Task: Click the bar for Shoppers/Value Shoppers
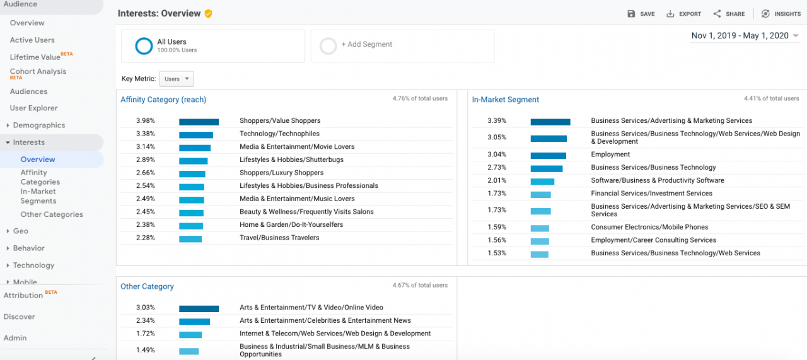click(199, 121)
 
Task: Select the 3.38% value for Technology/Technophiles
click(146, 134)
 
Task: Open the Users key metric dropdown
click(176, 79)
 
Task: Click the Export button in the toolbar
click(683, 14)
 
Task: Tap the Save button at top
click(641, 14)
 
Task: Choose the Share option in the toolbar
click(729, 14)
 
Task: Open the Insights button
click(781, 14)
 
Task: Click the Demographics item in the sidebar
click(38, 125)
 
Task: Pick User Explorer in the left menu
click(33, 108)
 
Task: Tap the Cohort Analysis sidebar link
click(38, 72)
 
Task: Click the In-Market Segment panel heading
click(505, 100)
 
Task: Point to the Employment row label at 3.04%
click(610, 154)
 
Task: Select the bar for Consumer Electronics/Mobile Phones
click(540, 228)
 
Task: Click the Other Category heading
click(147, 287)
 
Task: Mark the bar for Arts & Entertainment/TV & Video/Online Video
click(199, 308)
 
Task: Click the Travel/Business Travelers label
click(279, 238)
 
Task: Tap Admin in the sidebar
click(15, 338)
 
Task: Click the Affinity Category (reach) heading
click(163, 100)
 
